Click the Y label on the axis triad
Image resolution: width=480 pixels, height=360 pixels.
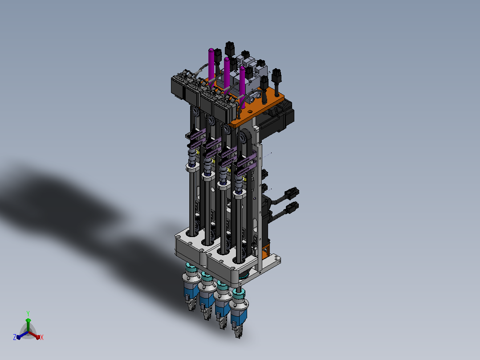point(28,313)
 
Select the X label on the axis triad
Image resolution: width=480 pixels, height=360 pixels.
point(42,337)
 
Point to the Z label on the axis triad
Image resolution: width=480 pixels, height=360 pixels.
point(14,337)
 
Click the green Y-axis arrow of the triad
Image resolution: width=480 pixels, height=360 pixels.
point(28,325)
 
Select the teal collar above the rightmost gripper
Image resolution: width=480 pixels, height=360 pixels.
point(238,295)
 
